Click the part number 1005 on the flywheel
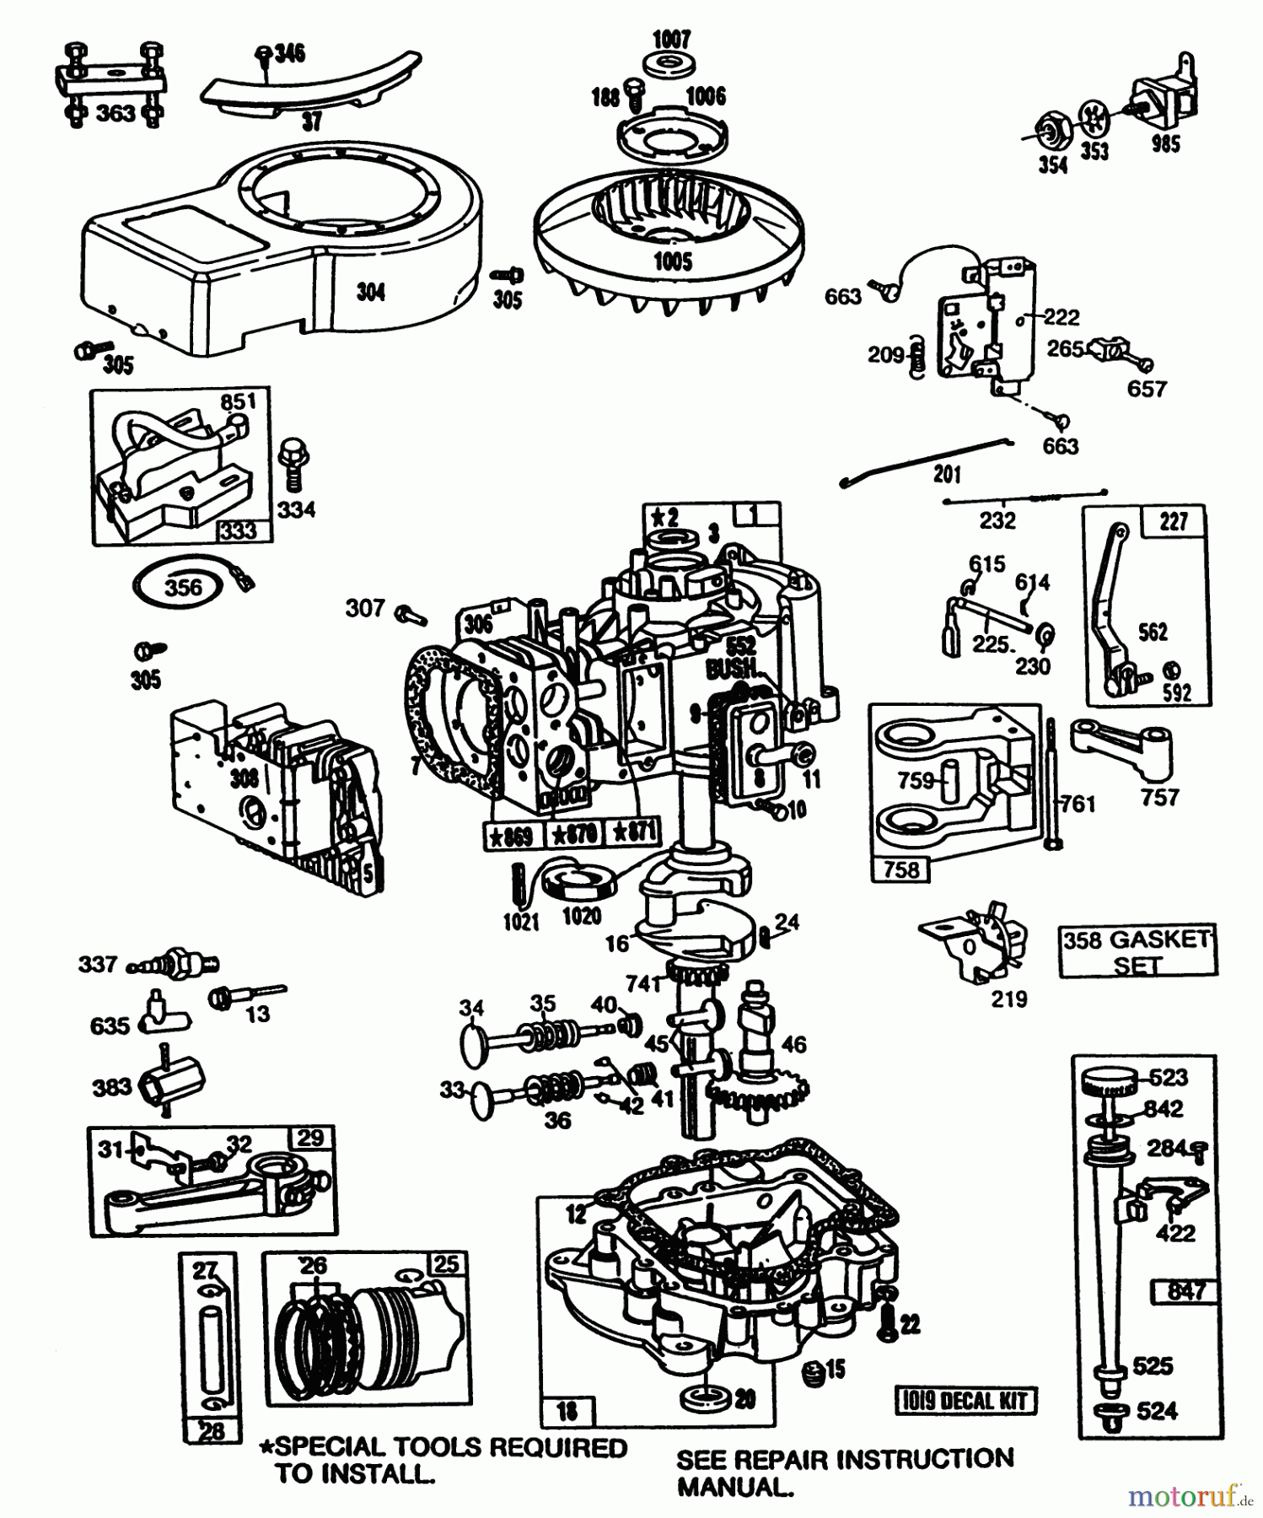(672, 261)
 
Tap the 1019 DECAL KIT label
(965, 1401)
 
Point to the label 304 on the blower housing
(371, 292)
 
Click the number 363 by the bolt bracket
(115, 114)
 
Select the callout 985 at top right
(1165, 144)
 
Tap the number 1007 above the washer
(671, 39)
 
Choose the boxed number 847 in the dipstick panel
(1185, 1291)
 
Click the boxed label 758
(900, 869)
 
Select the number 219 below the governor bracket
(1008, 1000)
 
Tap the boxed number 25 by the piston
(445, 1264)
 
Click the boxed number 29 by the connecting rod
(310, 1138)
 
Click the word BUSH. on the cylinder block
(733, 670)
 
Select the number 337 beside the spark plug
(98, 963)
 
